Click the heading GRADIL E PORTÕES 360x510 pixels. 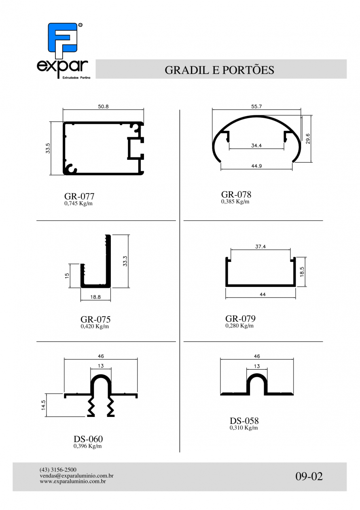pyautogui.click(x=219, y=70)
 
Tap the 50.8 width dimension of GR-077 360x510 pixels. pyautogui.click(x=103, y=106)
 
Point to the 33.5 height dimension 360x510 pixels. pyautogui.click(x=48, y=148)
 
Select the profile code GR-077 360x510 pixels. pyautogui.click(x=79, y=196)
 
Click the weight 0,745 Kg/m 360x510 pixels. pyautogui.click(x=78, y=203)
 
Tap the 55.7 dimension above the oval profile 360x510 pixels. pyautogui.click(x=256, y=106)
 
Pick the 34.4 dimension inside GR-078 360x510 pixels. pyautogui.click(x=256, y=145)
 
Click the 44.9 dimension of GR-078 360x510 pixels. pyautogui.click(x=256, y=166)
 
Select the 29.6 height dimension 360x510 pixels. pyautogui.click(x=308, y=138)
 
